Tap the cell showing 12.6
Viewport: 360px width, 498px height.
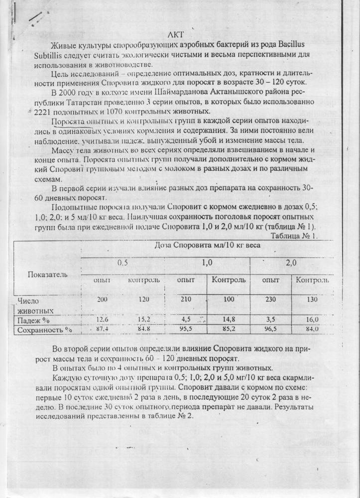102,319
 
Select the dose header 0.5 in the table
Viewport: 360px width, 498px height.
122,262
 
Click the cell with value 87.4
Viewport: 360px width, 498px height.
103,329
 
